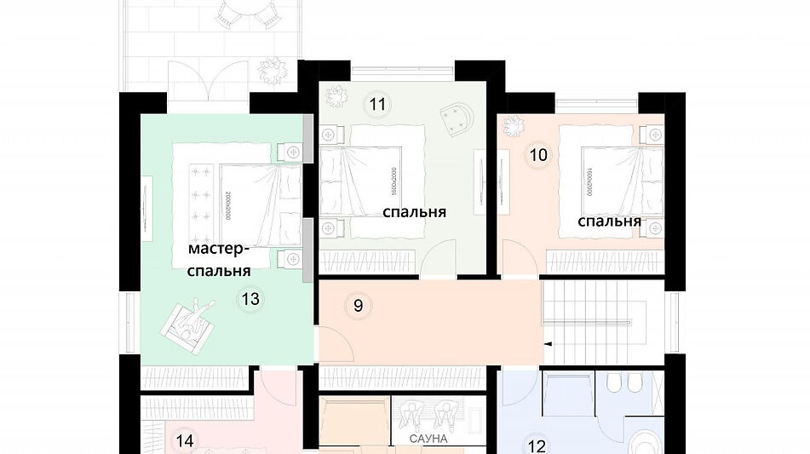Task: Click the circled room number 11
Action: [x=378, y=105]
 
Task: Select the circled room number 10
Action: [x=537, y=155]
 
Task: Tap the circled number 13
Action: [x=250, y=299]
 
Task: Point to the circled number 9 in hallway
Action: [x=359, y=306]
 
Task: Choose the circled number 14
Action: [x=184, y=440]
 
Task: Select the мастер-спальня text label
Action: [x=219, y=260]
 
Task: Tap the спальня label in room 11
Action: [x=414, y=212]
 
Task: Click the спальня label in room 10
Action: [x=609, y=221]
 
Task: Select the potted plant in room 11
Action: [x=338, y=96]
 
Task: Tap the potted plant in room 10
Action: [x=514, y=126]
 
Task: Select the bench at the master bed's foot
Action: [x=204, y=204]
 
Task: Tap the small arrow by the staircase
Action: [x=549, y=343]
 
